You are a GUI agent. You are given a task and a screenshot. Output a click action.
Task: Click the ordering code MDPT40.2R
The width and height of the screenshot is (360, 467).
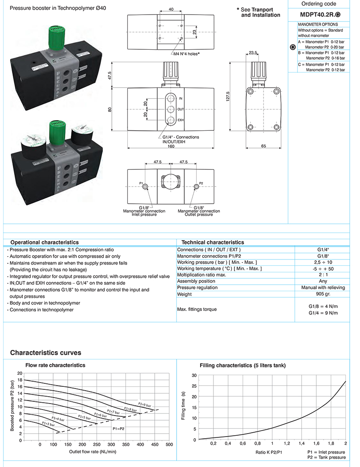click(x=320, y=14)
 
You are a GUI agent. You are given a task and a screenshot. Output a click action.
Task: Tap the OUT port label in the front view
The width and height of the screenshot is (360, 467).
click(x=180, y=109)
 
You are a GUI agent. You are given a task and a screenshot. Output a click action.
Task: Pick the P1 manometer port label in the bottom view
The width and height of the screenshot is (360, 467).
click(x=141, y=183)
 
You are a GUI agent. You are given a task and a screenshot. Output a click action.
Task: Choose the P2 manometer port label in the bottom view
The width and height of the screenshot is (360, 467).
click(x=201, y=183)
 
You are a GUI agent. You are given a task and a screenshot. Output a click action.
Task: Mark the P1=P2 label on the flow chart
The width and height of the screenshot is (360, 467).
click(x=119, y=428)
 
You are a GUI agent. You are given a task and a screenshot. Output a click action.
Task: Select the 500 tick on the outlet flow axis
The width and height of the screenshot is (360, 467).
click(x=169, y=445)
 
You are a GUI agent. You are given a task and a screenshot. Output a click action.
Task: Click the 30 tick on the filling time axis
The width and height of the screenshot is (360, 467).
click(x=194, y=375)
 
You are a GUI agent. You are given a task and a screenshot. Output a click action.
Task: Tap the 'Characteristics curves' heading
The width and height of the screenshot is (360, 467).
click(x=45, y=353)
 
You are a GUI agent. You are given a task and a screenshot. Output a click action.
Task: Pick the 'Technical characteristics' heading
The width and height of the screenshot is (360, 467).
click(x=213, y=242)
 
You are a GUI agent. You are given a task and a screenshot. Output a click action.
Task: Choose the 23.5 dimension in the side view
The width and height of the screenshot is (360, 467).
click(x=252, y=53)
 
